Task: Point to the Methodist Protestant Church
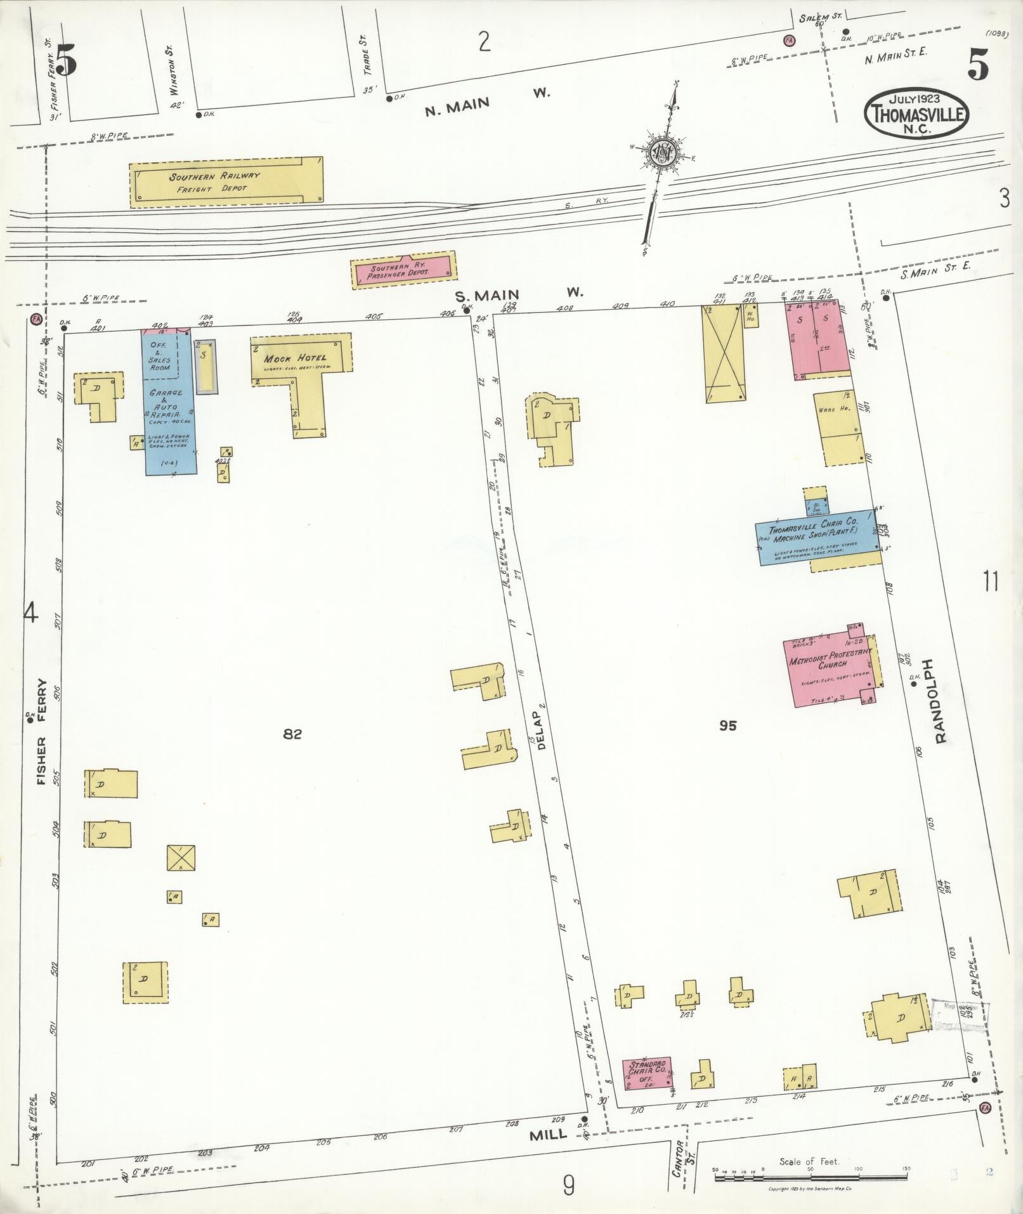click(828, 664)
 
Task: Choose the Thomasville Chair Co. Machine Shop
click(816, 536)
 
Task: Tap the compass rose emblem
click(661, 153)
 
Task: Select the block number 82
click(292, 734)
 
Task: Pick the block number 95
click(728, 725)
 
